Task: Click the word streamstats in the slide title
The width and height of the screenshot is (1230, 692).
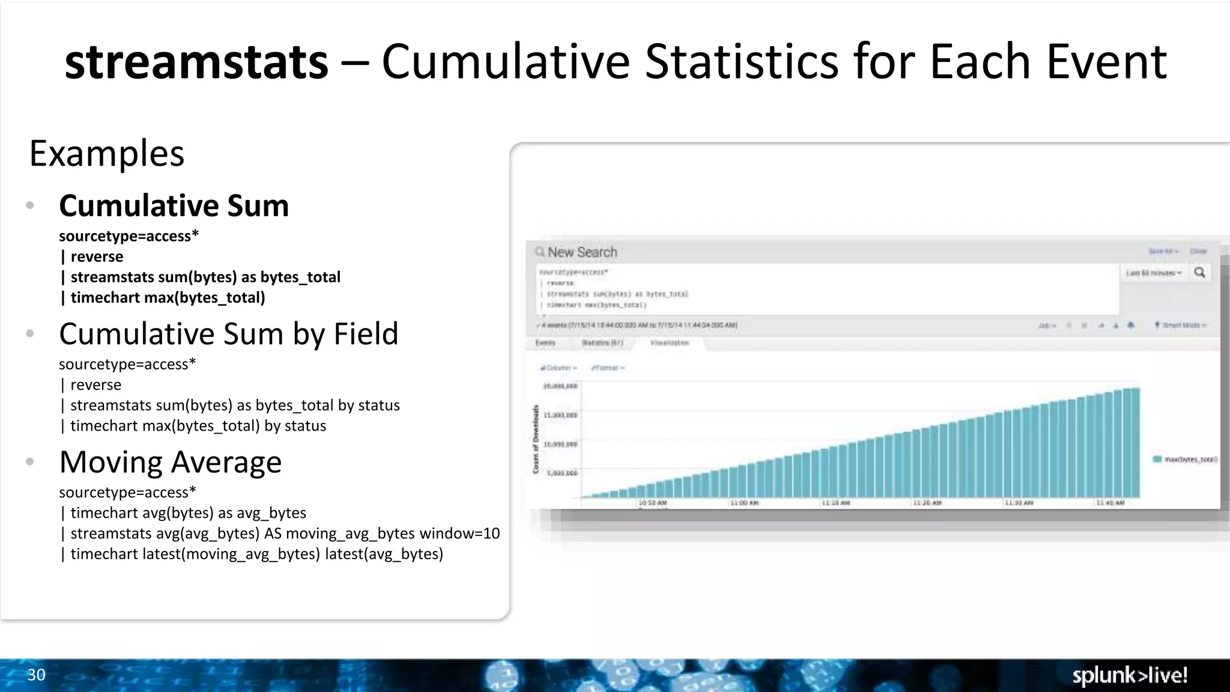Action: coord(196,62)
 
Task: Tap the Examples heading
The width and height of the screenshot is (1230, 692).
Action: coord(107,154)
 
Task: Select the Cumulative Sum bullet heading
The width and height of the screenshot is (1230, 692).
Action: coord(174,206)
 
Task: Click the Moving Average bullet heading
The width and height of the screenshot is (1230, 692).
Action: coord(171,463)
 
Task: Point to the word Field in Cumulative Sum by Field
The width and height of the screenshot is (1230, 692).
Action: coord(366,334)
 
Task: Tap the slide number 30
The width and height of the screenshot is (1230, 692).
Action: coord(36,675)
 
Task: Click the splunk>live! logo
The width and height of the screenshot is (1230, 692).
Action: coord(1130,676)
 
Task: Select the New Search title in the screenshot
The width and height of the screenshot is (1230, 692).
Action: coord(582,252)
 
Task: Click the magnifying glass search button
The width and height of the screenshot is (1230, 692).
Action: coord(1200,273)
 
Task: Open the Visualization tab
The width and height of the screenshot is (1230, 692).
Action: coord(670,343)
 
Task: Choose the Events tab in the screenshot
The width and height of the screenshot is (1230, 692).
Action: coord(545,343)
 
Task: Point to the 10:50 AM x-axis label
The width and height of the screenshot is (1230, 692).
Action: coord(653,503)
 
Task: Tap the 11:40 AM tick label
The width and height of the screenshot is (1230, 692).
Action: coord(1110,503)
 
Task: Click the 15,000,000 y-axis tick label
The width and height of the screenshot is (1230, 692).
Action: coord(560,415)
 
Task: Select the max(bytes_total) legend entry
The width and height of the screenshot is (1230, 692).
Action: coord(1186,460)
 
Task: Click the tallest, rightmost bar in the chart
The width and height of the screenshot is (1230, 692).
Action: coord(1135,443)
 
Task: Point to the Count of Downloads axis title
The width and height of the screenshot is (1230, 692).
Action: coord(536,439)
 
